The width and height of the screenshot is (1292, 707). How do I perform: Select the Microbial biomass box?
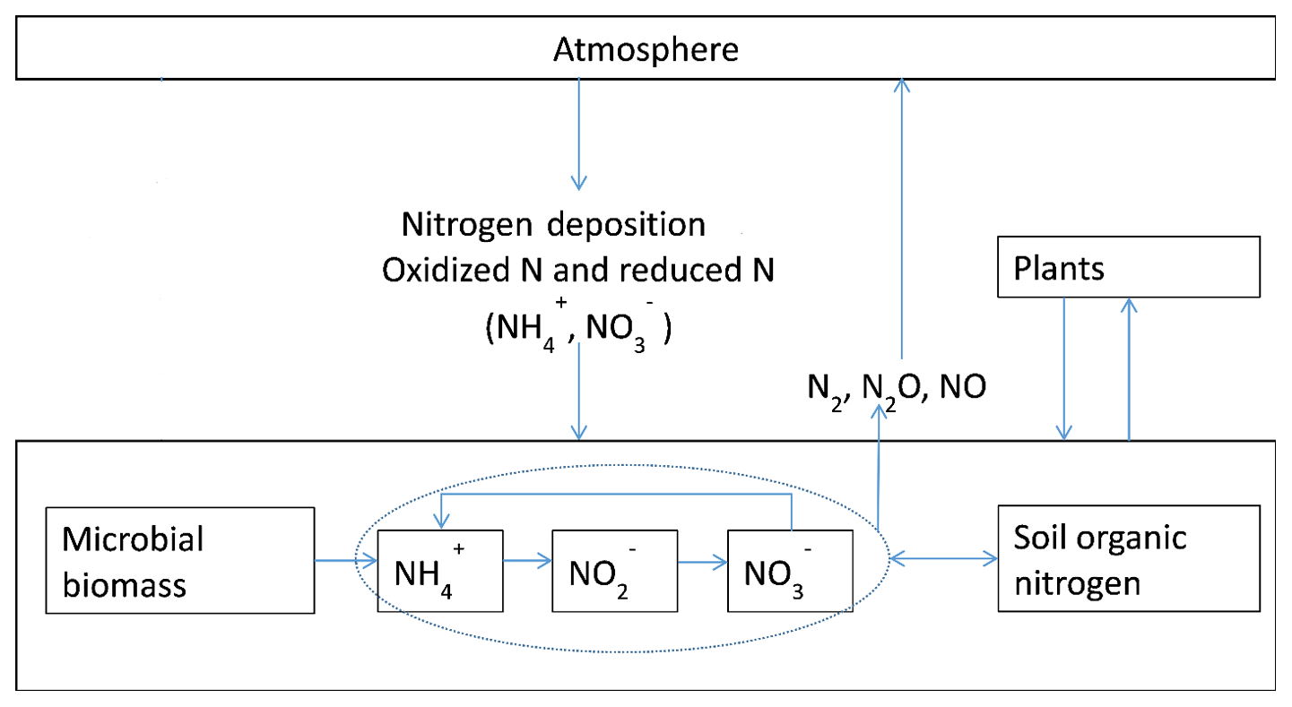180,560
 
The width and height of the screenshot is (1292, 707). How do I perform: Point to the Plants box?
1129,267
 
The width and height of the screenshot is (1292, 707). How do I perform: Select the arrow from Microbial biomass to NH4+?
346,562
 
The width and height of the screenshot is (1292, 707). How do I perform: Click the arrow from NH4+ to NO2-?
527,562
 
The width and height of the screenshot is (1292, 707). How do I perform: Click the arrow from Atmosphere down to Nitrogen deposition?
579,134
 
